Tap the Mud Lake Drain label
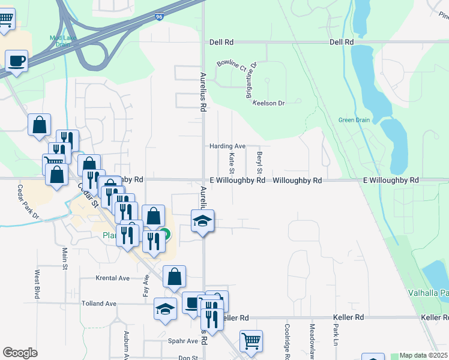pos(61,40)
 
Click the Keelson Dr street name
pos(268,103)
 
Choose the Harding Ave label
pos(228,146)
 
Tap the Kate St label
pos(232,160)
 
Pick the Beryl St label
pos(260,160)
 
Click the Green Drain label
pos(354,119)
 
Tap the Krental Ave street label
pos(113,278)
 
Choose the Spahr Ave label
pos(184,341)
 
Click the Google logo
pos(20,353)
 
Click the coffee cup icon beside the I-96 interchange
pos(16,61)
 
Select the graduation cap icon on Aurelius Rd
pos(203,221)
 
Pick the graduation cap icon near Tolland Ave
pos(165,309)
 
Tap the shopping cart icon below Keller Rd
pos(251,341)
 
